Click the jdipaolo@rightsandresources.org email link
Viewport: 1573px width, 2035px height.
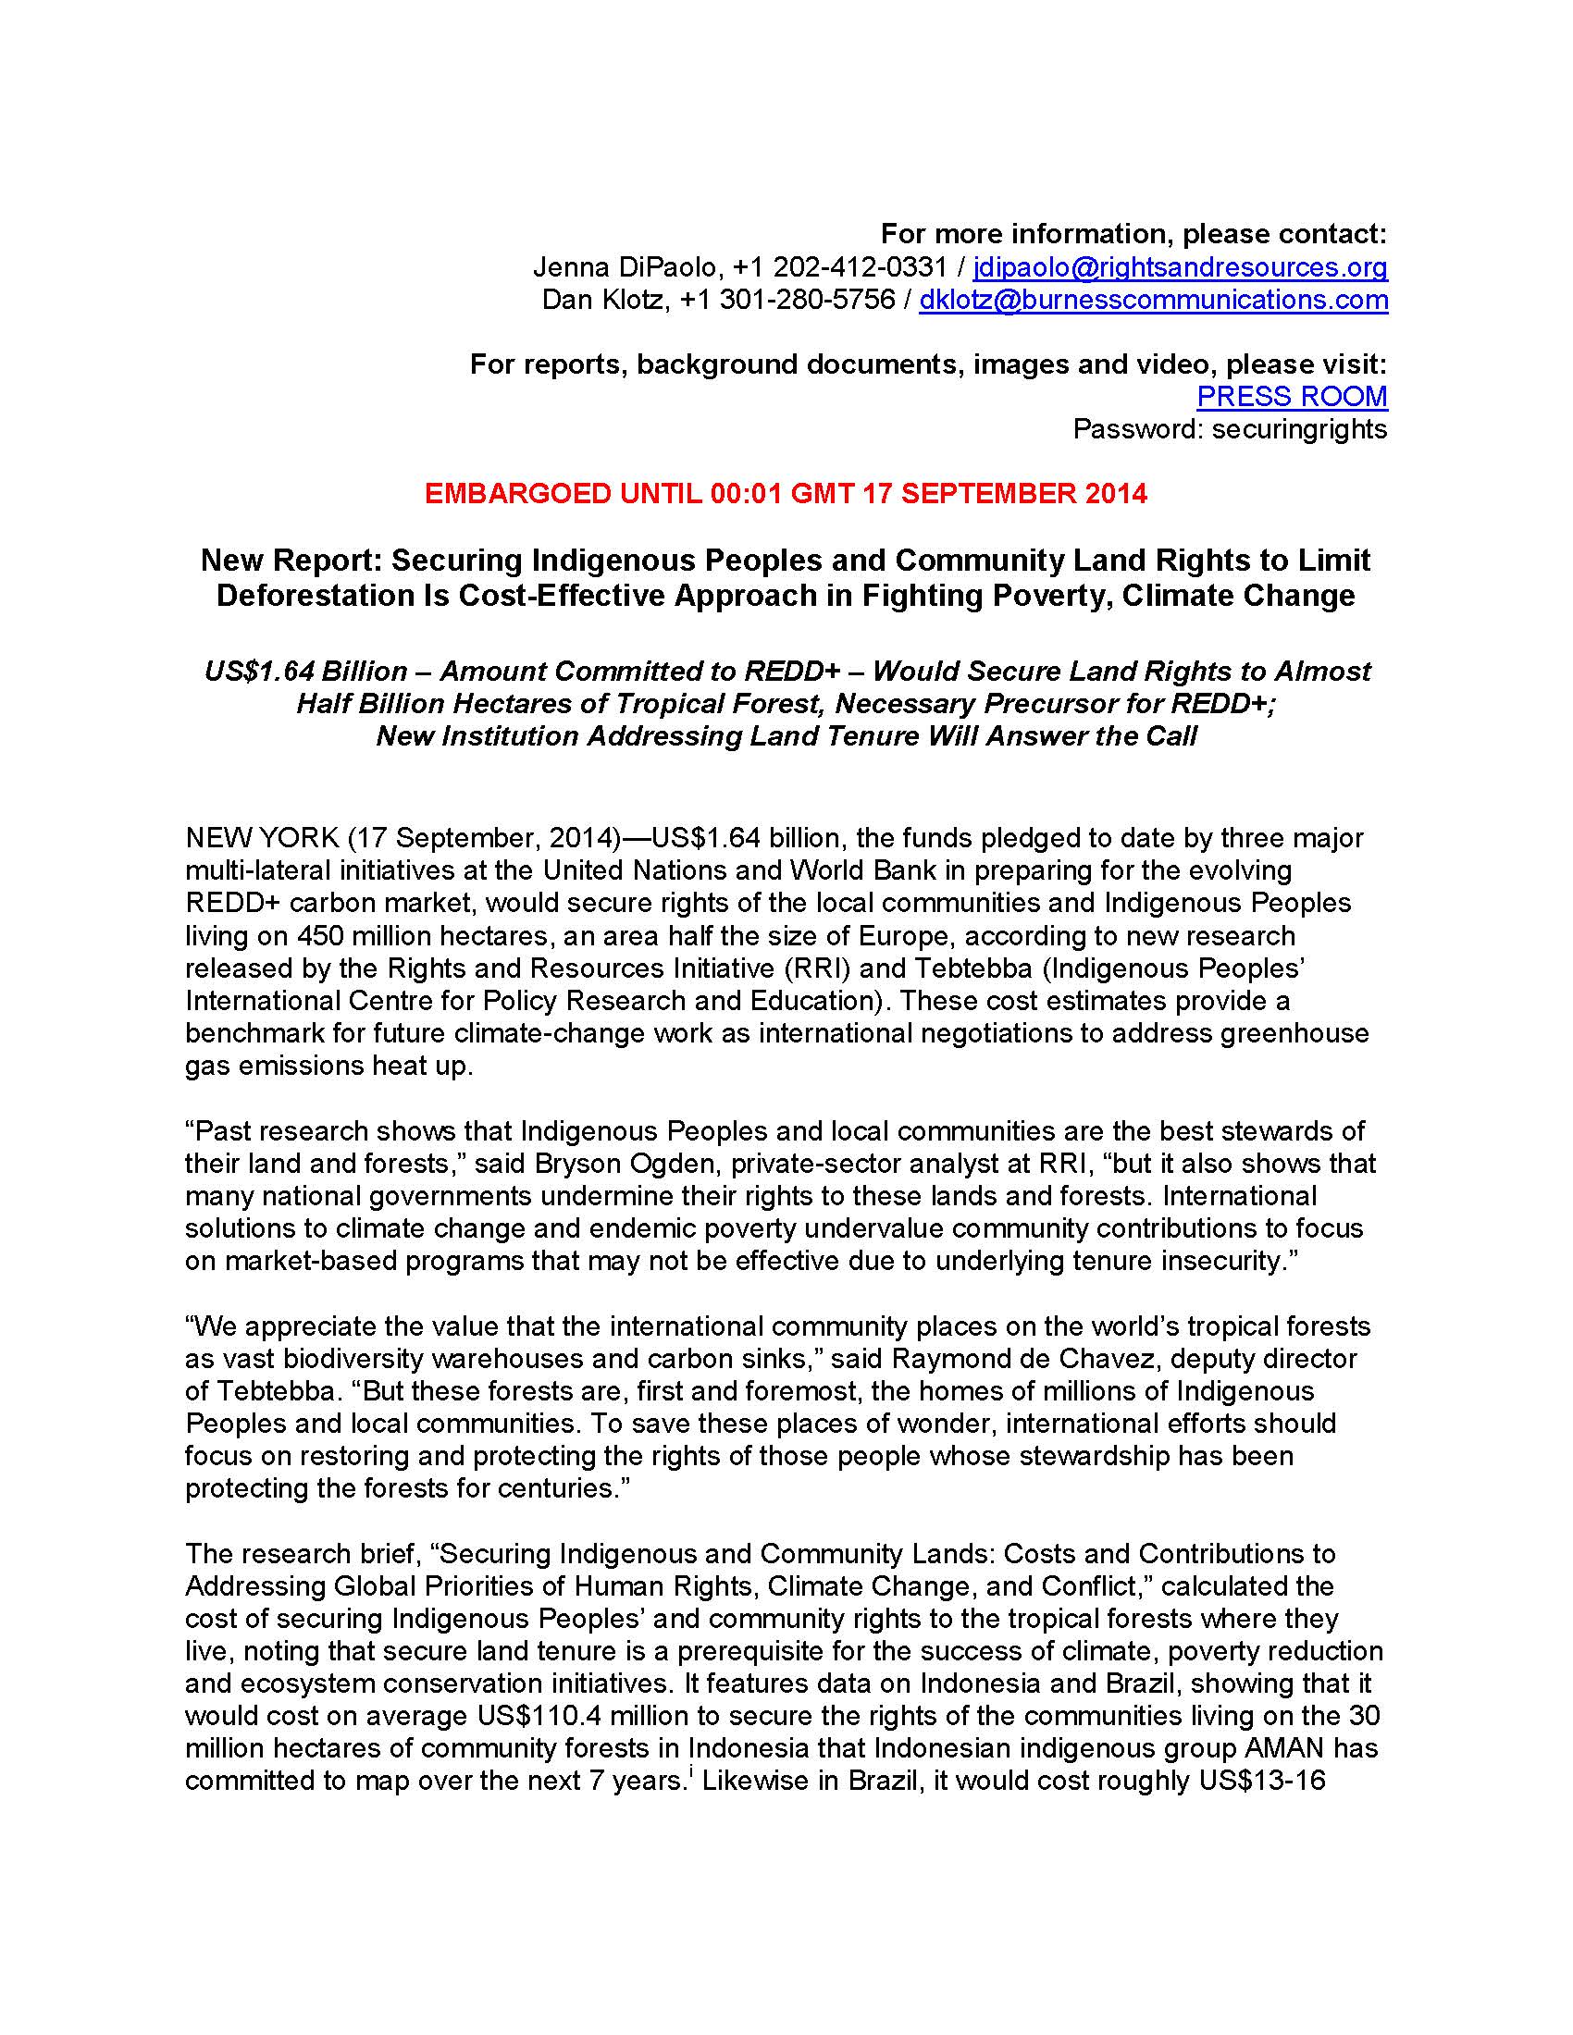pos(1180,267)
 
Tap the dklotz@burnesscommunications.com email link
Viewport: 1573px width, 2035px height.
pos(1153,300)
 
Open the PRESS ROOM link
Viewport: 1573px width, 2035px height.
pos(1292,396)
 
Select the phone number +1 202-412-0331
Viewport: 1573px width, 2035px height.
pos(839,267)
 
